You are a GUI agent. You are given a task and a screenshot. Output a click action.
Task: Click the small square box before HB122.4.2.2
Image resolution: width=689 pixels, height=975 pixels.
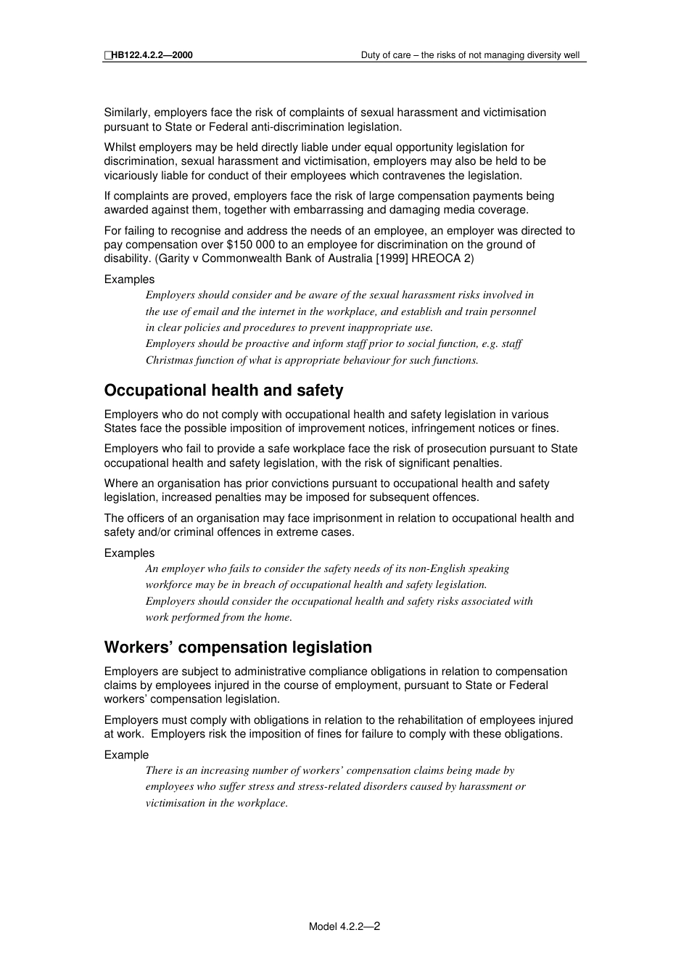pos(107,55)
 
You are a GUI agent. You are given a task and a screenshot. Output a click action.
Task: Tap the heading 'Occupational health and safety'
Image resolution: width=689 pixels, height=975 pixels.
pos(223,391)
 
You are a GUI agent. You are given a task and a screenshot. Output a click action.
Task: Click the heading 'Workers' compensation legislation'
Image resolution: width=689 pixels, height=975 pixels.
pos(238,648)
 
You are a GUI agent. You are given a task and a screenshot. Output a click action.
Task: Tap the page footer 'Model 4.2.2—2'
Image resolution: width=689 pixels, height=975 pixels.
pos(344,926)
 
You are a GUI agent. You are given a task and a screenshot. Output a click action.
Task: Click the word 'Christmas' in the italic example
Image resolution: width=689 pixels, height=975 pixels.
pos(169,360)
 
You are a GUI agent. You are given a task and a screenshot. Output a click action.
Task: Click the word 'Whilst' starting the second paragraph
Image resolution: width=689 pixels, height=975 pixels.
pos(120,147)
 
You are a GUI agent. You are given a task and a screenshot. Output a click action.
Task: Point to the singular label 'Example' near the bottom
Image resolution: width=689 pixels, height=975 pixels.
pos(126,755)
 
